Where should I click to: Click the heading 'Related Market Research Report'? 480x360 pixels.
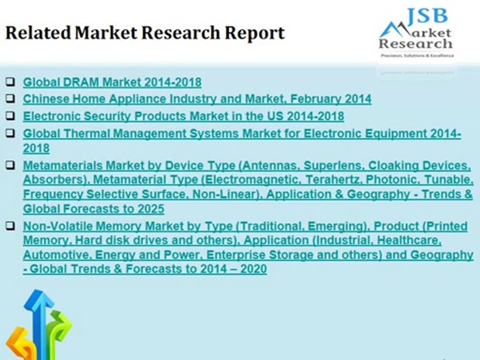click(145, 33)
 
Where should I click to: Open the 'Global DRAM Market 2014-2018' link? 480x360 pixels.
click(112, 82)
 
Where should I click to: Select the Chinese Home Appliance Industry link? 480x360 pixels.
click(197, 98)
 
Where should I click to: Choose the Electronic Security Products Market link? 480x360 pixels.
click(183, 116)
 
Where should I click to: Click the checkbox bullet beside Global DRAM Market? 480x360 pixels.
click(11, 81)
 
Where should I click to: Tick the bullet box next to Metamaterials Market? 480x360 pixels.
click(11, 164)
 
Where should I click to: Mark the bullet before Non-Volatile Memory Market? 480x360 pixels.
click(11, 226)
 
